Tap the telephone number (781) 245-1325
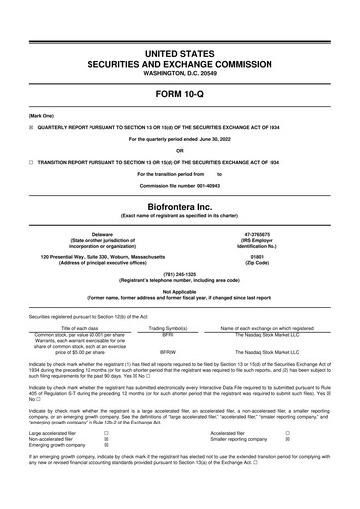point(179,275)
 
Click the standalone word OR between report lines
point(179,150)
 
